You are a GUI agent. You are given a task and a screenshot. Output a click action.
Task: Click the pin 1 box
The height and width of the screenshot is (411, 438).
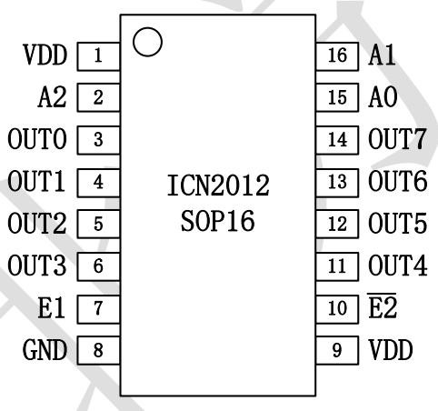click(x=98, y=55)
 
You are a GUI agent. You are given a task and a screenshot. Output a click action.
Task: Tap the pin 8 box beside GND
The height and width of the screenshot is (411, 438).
click(x=98, y=348)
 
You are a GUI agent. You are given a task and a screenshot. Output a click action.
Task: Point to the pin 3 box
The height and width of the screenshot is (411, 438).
click(x=98, y=139)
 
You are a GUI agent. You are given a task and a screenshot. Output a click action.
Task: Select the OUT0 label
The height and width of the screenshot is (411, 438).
click(x=37, y=139)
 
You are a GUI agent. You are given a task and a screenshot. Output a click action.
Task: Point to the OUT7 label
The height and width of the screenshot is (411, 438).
click(x=397, y=139)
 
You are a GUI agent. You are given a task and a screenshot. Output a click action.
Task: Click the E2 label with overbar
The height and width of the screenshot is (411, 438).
click(x=383, y=306)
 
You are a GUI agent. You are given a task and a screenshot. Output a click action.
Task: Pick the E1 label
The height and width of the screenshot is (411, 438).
click(x=53, y=307)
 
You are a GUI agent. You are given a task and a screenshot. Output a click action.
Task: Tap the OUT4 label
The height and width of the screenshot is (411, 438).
click(x=397, y=266)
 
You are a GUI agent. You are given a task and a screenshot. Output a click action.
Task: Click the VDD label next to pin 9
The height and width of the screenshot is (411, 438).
click(x=391, y=349)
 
